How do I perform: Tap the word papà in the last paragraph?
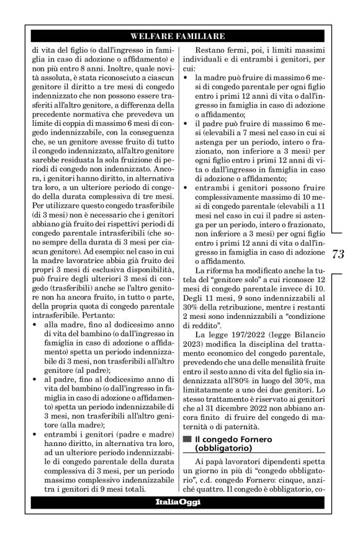pos(215,464)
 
